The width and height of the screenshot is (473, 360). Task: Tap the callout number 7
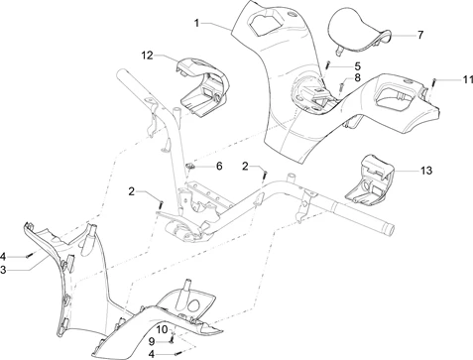(x=418, y=34)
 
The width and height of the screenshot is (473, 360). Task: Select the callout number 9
(x=152, y=341)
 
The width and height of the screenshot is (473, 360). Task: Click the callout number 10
(x=160, y=329)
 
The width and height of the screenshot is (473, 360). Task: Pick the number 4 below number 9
(x=152, y=352)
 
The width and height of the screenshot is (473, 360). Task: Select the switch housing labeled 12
(x=202, y=85)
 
